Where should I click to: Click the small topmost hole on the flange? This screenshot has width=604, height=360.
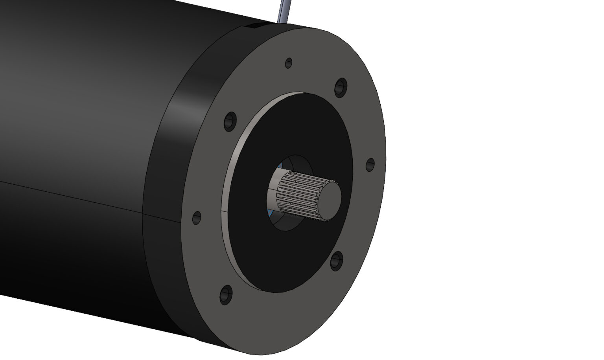(x=289, y=62)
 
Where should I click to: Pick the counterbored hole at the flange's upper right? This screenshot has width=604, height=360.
(x=341, y=87)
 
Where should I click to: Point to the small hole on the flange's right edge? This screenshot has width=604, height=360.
(x=370, y=165)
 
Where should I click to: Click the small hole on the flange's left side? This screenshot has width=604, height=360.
(x=197, y=217)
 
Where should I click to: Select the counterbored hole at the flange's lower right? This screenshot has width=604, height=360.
(x=336, y=261)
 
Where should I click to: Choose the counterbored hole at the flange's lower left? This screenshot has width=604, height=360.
(x=226, y=295)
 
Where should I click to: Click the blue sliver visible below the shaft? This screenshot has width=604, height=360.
(x=269, y=213)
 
